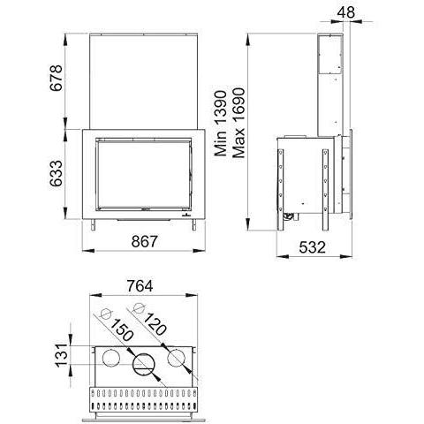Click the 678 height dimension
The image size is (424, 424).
[x=56, y=78]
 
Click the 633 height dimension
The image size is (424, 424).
[x=56, y=173]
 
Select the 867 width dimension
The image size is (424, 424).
[x=145, y=241]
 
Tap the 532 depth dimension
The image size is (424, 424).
[x=313, y=247]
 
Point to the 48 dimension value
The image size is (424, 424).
[x=346, y=12]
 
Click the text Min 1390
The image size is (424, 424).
[x=221, y=124]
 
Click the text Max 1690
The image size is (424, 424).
[x=238, y=123]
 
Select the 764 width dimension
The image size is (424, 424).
[x=140, y=286]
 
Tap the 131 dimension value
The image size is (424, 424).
[x=62, y=355]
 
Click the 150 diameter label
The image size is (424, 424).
[x=121, y=329]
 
